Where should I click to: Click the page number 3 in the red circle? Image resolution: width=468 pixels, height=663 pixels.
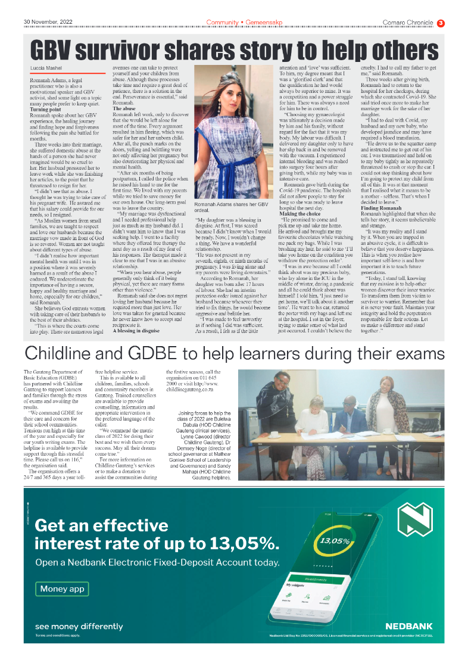click(x=441, y=23)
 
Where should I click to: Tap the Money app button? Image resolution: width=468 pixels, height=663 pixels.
click(x=62, y=589)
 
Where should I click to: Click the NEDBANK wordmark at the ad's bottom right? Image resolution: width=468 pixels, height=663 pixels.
click(x=408, y=626)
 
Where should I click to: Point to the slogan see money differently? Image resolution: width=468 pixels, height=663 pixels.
click(x=79, y=626)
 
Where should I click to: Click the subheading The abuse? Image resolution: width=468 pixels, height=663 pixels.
click(x=124, y=110)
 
